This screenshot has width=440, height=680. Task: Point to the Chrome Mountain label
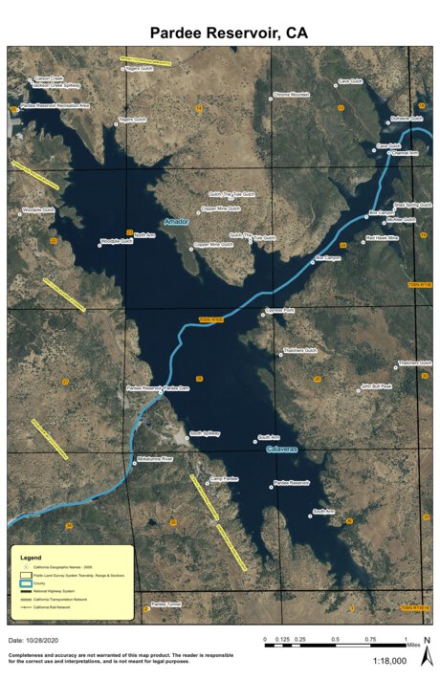tap(292, 95)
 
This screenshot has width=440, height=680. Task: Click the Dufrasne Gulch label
tap(406, 119)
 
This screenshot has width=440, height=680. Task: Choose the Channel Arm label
tap(405, 153)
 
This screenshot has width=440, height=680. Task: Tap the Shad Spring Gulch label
tap(413, 205)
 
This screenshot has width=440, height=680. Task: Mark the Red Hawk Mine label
tap(382, 238)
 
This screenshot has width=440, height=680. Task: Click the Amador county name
tap(178, 222)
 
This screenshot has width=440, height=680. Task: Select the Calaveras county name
tap(283, 448)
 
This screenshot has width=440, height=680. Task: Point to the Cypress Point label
tap(281, 311)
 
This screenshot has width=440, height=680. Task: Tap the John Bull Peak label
tap(376, 387)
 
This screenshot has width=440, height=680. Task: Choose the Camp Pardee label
tap(224, 478)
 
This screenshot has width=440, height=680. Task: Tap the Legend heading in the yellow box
tap(32, 556)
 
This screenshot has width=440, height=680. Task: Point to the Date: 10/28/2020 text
tap(34, 639)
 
